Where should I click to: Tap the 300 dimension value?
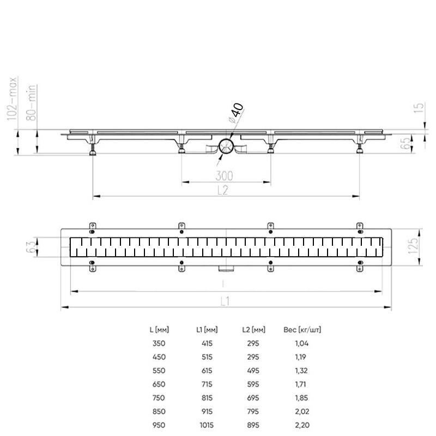224,175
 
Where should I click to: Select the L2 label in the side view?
223,190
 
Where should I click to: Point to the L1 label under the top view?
225,301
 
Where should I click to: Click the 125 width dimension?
413,246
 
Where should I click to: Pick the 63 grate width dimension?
31,247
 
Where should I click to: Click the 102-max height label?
12,99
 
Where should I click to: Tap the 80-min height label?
31,102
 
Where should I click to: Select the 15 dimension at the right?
419,107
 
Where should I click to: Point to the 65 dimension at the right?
406,142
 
